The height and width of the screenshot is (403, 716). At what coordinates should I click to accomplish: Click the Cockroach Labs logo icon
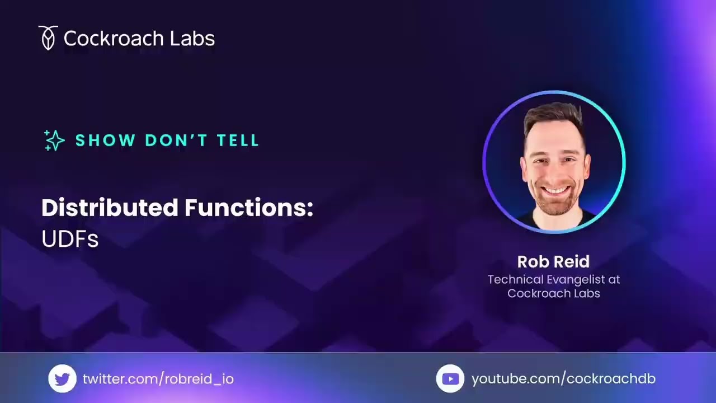tap(48, 38)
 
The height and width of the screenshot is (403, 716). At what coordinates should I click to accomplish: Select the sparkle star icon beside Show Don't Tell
tap(54, 140)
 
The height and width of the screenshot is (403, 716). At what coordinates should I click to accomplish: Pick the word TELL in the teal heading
tap(238, 140)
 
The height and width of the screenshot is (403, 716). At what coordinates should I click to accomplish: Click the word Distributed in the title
tap(110, 208)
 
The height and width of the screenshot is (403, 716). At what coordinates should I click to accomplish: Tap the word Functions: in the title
tap(248, 208)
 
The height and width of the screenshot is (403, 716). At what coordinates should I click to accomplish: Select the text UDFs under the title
tap(70, 240)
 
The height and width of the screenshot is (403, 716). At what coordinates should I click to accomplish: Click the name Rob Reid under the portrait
tap(553, 262)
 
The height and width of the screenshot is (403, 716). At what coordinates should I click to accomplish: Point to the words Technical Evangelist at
tap(553, 279)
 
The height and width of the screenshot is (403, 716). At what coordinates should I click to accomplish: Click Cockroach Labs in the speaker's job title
tap(553, 293)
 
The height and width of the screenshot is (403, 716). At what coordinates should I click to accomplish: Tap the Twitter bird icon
tap(62, 379)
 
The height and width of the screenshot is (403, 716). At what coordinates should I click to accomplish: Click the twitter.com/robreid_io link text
tap(158, 379)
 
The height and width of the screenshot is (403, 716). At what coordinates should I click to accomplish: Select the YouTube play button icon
tap(450, 379)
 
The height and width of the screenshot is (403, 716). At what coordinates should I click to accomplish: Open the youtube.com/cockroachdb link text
tap(563, 379)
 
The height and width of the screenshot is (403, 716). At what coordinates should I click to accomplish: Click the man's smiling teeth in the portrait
tap(555, 190)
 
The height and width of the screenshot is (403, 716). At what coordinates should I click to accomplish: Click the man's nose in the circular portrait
tap(554, 171)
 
